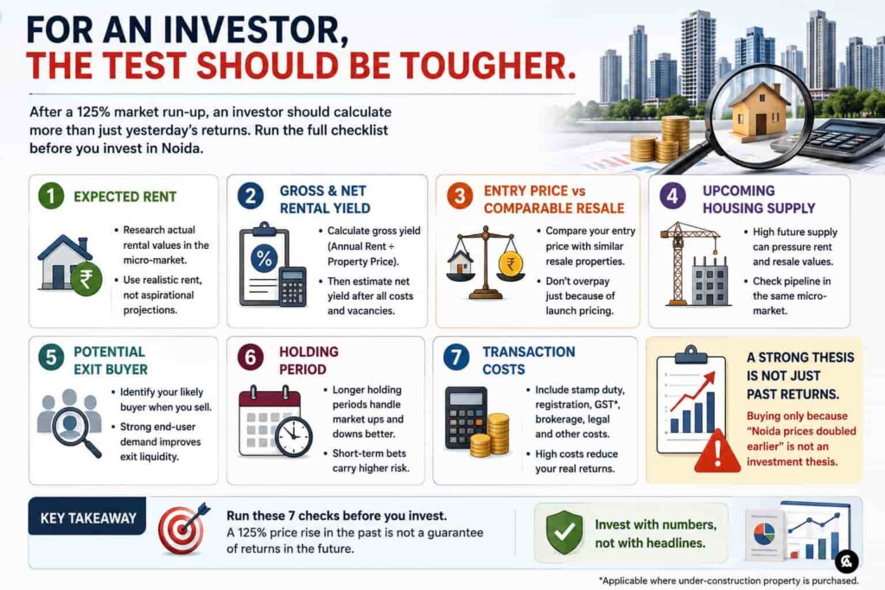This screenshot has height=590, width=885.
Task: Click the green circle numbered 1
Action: click(x=51, y=196)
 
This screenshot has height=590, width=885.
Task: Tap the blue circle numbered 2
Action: click(x=251, y=196)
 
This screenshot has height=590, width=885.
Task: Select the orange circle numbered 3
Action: click(x=460, y=196)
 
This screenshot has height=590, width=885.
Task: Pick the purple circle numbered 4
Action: click(x=672, y=196)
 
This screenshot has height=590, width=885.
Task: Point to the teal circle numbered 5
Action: click(x=51, y=357)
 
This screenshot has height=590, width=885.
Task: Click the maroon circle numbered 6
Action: click(x=251, y=357)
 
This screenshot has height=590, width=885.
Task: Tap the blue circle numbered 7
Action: click(x=456, y=357)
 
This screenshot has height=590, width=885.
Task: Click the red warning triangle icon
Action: click(x=716, y=451)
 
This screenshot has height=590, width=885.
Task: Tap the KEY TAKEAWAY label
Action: click(x=88, y=517)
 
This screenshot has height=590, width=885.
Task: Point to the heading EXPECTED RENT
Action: click(x=124, y=196)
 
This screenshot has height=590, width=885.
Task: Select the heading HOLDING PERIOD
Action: click(x=309, y=360)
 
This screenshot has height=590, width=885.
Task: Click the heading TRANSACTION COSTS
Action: click(x=528, y=360)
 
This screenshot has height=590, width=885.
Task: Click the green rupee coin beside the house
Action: click(x=86, y=279)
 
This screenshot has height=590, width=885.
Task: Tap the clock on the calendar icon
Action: click(x=294, y=437)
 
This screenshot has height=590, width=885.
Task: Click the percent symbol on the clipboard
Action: click(x=264, y=258)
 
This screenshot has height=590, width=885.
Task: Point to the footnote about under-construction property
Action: click(x=729, y=580)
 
